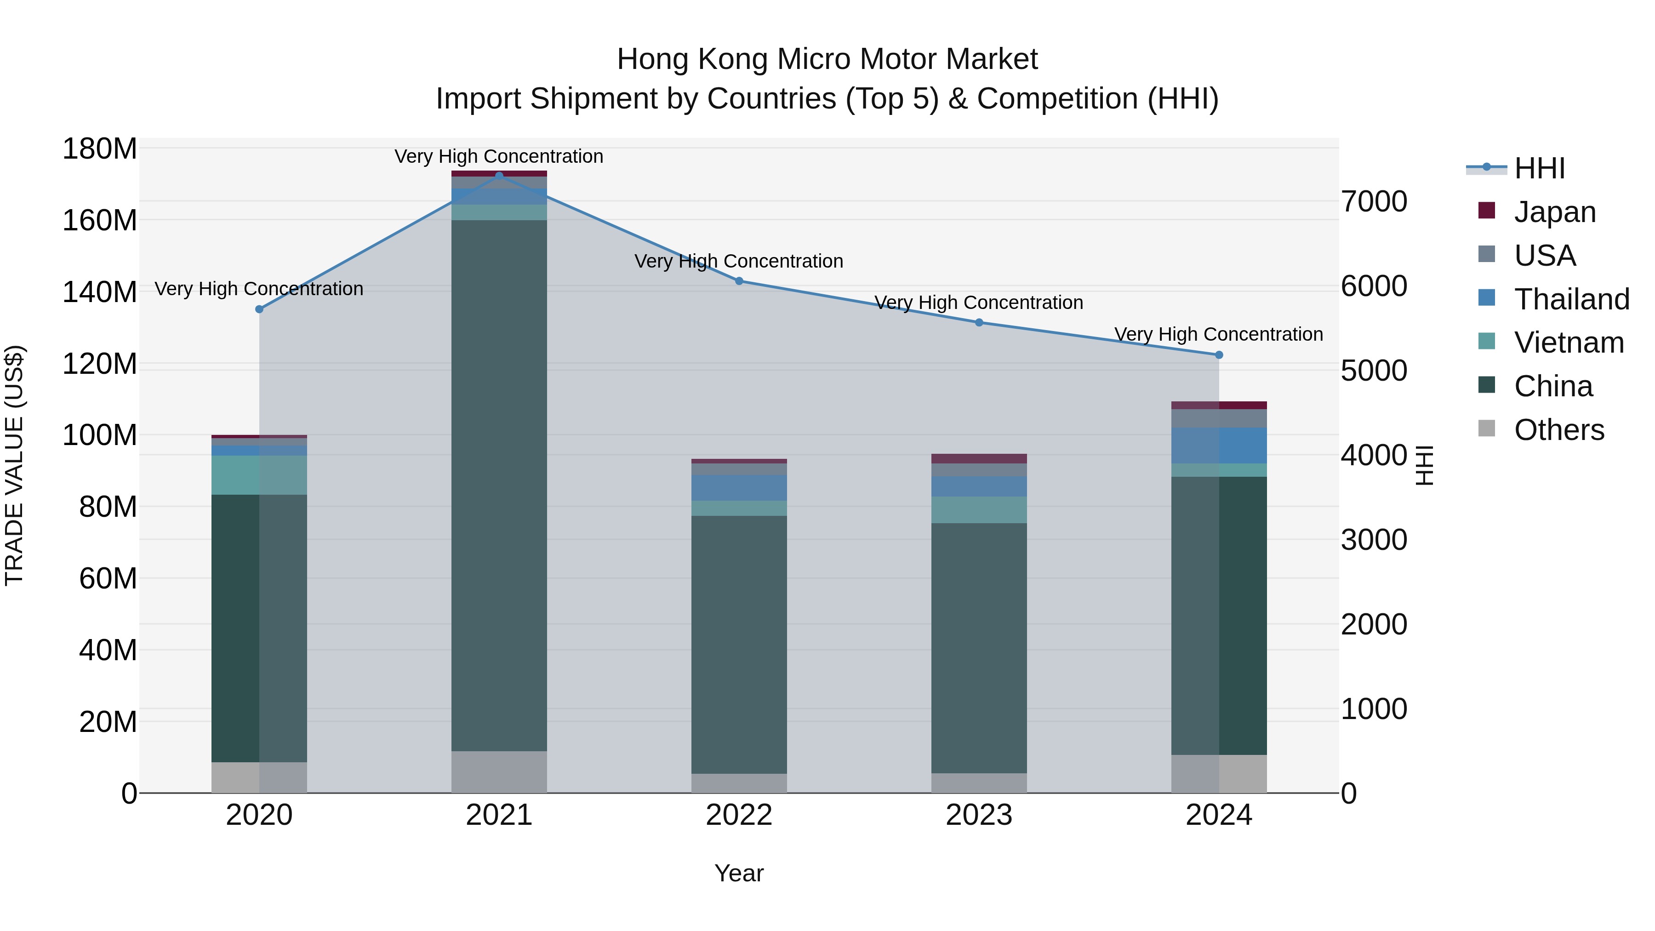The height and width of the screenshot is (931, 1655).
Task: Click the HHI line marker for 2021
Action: point(499,176)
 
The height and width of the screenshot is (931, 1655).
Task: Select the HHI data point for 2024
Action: point(1219,354)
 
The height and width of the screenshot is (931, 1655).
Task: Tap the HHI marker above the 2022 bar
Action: point(739,281)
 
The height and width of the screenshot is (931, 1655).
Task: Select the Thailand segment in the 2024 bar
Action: point(1219,445)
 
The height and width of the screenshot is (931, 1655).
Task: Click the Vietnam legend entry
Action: point(1568,343)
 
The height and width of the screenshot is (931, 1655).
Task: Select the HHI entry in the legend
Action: point(1539,168)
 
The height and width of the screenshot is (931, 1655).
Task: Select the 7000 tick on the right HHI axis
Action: point(1374,202)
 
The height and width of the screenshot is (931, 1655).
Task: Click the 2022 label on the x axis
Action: point(739,815)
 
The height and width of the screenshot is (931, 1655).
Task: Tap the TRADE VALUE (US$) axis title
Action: point(14,465)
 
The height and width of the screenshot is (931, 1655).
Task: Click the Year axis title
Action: point(739,873)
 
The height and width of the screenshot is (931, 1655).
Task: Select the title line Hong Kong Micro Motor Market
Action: point(827,59)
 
